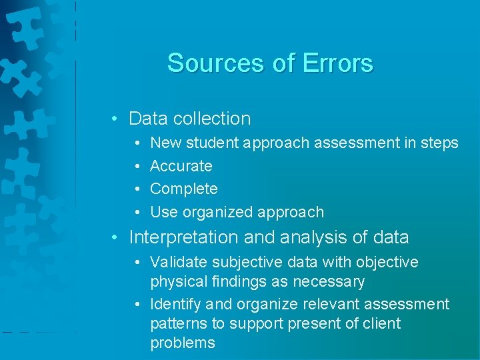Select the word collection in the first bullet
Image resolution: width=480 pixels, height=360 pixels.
211,119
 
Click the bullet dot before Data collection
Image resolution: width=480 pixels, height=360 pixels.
115,119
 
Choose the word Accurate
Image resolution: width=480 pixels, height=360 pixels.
181,166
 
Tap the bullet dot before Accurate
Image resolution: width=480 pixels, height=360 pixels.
137,166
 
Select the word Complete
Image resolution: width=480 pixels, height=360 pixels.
184,189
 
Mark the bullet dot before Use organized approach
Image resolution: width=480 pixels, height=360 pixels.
137,212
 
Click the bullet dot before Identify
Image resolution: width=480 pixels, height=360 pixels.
137,305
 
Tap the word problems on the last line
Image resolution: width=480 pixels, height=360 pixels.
183,343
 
